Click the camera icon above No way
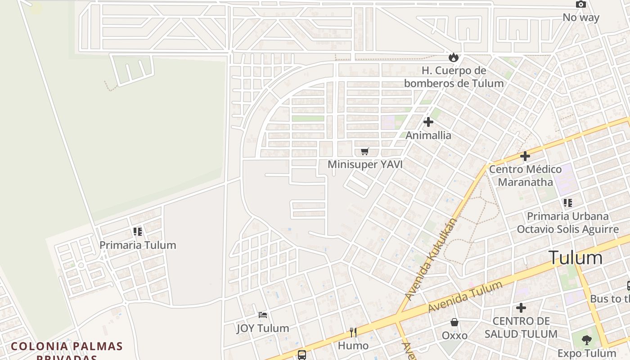pos(581,4)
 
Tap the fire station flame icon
pos(453,57)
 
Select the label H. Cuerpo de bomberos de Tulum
pos(454,77)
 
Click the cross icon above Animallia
pos(428,121)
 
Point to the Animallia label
pos(428,135)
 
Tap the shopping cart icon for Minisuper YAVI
pos(365,151)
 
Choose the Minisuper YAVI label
pos(365,164)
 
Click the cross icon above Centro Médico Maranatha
pos(525,156)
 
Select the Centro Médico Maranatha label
pos(525,175)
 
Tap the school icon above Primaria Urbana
pos(568,203)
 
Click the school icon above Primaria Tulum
pos(138,232)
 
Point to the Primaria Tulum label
pos(138,245)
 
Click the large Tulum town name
pos(576,258)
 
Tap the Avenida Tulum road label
pos(465,297)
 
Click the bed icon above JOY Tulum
pos(263,315)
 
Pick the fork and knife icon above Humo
pos(353,333)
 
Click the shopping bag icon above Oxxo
pos(454,322)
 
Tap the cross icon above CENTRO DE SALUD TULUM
pos(521,308)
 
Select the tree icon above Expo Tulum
pos(586,340)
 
